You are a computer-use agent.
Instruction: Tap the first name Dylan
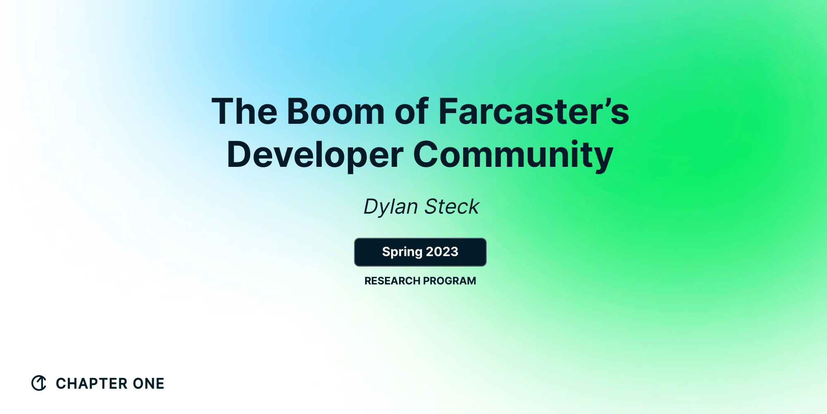pyautogui.click(x=391, y=207)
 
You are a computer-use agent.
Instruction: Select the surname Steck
pyautogui.click(x=452, y=207)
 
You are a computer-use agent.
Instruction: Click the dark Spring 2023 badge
pyautogui.click(x=420, y=252)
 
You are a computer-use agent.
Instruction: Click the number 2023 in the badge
pyautogui.click(x=442, y=252)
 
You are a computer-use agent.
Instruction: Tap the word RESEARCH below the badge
pyautogui.click(x=392, y=281)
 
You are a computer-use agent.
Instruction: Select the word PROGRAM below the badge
pyautogui.click(x=449, y=281)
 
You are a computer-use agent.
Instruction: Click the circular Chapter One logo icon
pyautogui.click(x=39, y=383)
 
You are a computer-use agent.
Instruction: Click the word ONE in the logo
pyautogui.click(x=148, y=383)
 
